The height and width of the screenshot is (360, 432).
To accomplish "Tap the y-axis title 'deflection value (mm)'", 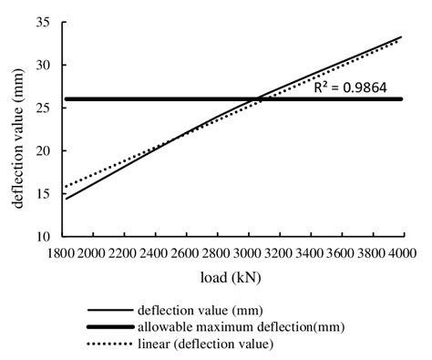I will pos(17,128).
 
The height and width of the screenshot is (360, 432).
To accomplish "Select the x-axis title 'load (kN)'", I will pos(232,275).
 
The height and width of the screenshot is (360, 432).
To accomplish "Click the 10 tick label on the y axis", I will pos(42,236).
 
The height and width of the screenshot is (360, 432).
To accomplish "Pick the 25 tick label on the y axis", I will pos(42,108).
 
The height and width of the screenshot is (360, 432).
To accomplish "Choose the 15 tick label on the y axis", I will pos(42,193).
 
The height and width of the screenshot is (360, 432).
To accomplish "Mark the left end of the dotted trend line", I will pos(66,187).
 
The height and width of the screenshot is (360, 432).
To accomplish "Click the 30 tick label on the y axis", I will pos(42,65).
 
